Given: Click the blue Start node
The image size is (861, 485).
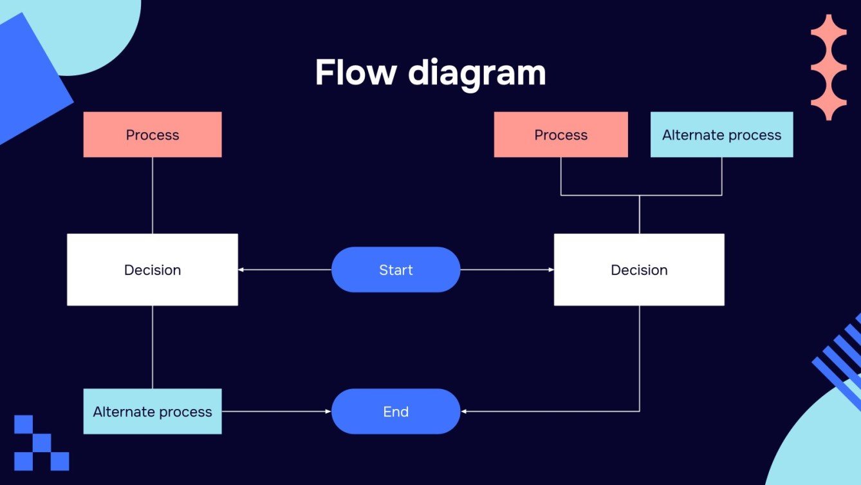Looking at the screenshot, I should [396, 270].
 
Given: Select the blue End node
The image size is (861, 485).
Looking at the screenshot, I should [396, 412].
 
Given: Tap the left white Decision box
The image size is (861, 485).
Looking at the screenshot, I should [153, 270].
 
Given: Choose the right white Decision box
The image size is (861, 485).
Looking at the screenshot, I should [639, 270].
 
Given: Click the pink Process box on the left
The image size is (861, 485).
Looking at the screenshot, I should [153, 135].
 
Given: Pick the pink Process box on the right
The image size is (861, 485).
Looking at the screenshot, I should [560, 135].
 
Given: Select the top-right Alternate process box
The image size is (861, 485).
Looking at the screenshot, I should [721, 135].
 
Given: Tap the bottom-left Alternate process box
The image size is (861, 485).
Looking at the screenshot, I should [153, 412].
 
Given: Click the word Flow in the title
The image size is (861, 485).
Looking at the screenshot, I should [355, 72].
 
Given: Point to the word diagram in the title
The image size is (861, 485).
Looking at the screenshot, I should [477, 73].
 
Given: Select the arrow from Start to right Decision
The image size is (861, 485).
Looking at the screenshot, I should [507, 270].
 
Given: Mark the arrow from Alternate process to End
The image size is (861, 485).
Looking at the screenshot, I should [277, 412].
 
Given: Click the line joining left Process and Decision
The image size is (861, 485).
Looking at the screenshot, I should [153, 195].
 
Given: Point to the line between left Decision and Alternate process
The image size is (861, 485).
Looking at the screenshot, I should [153, 347].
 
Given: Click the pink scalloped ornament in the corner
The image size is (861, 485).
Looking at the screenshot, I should [828, 68].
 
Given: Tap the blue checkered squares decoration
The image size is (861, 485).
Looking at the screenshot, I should [41, 443].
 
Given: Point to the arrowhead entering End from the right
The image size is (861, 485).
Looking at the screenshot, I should [465, 412].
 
